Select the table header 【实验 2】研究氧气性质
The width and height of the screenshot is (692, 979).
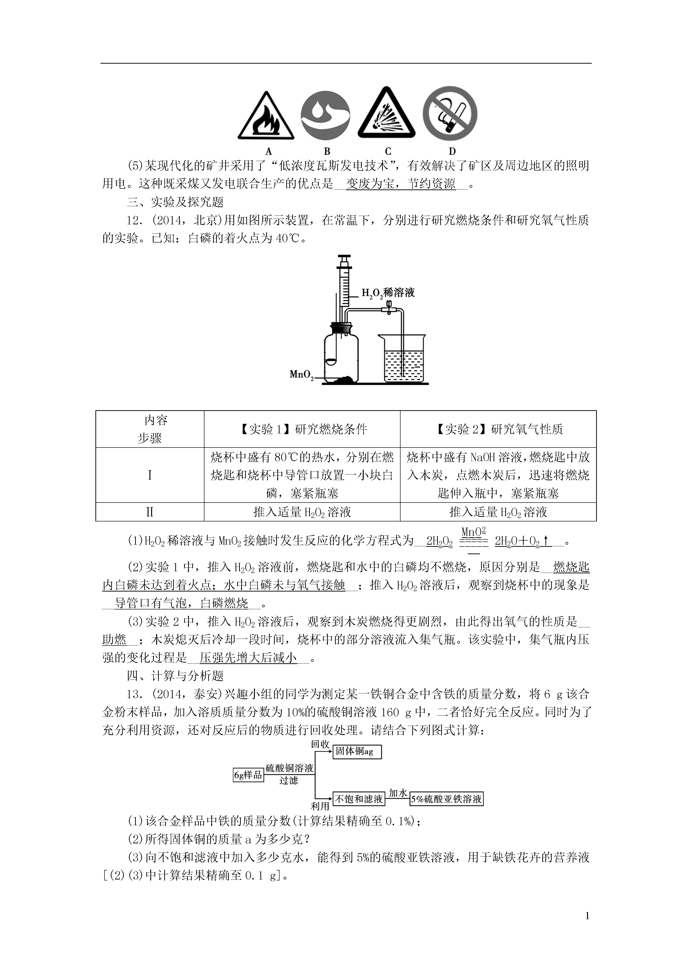click(498, 429)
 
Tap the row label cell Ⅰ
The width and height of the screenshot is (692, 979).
click(150, 475)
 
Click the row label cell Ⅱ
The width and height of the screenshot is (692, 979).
click(150, 512)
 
